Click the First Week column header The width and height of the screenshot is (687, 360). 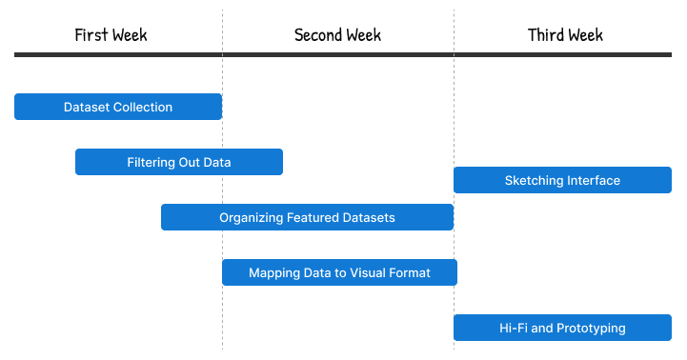(x=111, y=35)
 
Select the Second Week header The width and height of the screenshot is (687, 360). (x=337, y=35)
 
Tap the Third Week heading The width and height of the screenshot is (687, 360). (x=565, y=35)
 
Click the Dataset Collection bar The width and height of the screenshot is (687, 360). (x=118, y=107)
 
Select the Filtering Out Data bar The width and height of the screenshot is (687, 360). (x=179, y=162)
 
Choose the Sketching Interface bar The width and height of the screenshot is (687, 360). (x=562, y=180)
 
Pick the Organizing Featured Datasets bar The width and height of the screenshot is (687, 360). (x=307, y=217)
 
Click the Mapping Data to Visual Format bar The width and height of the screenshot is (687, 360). (x=339, y=272)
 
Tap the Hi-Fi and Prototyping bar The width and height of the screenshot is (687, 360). (x=562, y=328)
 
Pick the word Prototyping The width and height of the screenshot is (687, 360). (x=592, y=329)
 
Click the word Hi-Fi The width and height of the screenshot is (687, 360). (x=513, y=329)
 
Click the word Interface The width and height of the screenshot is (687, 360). (x=594, y=181)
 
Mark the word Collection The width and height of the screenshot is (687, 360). (x=143, y=108)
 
